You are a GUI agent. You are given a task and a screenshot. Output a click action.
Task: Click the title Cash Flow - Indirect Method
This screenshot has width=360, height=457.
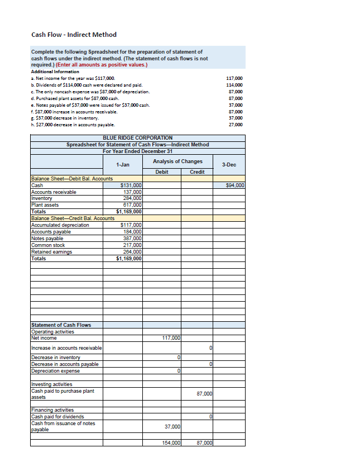pyautogui.click(x=74, y=35)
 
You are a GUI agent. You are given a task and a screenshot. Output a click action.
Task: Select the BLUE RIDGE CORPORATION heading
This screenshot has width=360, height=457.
pyautogui.click(x=138, y=137)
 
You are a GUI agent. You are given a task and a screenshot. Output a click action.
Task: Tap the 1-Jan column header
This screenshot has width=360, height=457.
pyautogui.click(x=123, y=165)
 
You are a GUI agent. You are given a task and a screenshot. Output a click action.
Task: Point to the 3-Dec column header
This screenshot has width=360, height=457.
pyautogui.click(x=229, y=165)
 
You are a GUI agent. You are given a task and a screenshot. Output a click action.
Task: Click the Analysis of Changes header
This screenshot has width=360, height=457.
pyautogui.click(x=177, y=161)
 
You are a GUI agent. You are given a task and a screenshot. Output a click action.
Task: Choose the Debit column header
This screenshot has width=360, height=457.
pyautogui.click(x=162, y=172)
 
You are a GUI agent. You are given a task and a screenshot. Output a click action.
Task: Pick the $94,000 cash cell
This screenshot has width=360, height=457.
pyautogui.click(x=235, y=185)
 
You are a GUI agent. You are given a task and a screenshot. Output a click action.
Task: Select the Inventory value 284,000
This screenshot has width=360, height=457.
pyautogui.click(x=132, y=198)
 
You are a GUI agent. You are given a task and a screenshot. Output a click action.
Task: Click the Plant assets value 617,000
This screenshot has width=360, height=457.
pyautogui.click(x=132, y=204)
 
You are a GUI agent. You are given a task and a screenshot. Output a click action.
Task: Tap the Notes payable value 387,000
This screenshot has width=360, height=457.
pyautogui.click(x=132, y=238)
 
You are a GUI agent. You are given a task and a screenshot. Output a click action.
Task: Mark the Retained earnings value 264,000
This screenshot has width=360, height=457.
pyautogui.click(x=132, y=251)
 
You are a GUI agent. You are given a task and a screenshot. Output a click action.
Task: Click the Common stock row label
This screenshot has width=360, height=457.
pyautogui.click(x=48, y=245)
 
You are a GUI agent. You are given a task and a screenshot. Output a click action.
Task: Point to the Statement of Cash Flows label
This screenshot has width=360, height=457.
pyautogui.click(x=61, y=325)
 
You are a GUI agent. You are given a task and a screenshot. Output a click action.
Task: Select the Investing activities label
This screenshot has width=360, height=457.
pyautogui.click(x=51, y=384)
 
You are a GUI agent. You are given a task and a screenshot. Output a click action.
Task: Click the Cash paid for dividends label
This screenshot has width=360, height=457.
pyautogui.click(x=57, y=417)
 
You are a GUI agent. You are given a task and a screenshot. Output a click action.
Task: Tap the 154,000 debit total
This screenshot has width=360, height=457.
pyautogui.click(x=171, y=442)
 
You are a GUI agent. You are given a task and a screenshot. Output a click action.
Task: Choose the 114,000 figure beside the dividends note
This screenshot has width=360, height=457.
pyautogui.click(x=235, y=85)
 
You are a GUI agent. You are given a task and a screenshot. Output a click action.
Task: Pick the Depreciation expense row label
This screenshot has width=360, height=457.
pyautogui.click(x=55, y=371)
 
